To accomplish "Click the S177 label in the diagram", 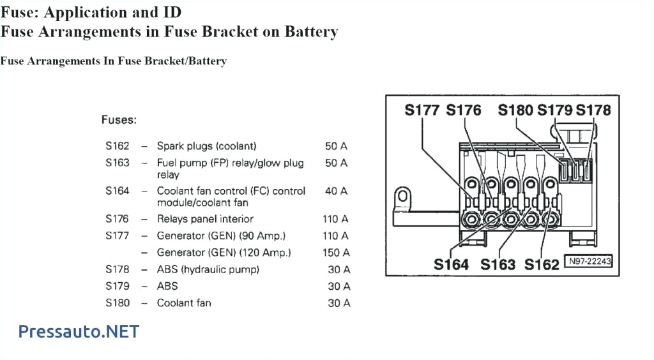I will [422, 110].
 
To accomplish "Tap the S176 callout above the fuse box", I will [464, 110].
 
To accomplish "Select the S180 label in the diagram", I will [515, 110].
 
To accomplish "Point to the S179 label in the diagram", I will [554, 110].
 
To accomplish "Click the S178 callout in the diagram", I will [593, 110].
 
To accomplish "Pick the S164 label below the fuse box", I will [451, 264].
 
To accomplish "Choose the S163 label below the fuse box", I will [498, 264].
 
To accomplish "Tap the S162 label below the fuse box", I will [542, 264].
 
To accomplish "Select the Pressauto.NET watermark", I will [79, 331].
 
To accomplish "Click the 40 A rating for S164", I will [337, 191].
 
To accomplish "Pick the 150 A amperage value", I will [337, 253].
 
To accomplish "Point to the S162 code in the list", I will [118, 146].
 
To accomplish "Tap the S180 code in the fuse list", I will [118, 303].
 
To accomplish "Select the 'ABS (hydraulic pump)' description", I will [208, 269].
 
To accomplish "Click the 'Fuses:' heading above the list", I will [119, 119].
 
